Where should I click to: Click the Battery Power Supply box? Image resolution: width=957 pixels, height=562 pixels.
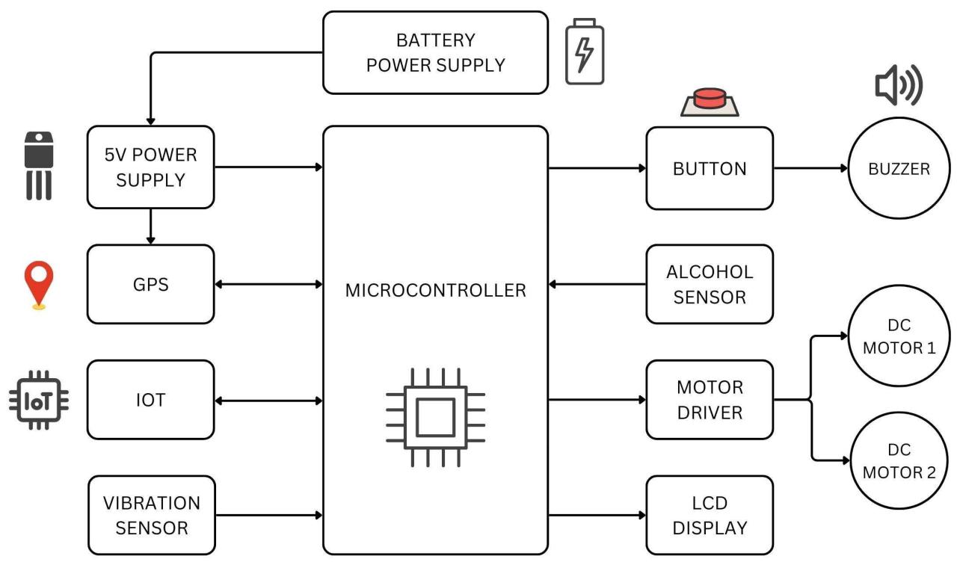pos(435,52)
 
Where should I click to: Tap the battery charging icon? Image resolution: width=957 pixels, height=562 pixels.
pos(584,52)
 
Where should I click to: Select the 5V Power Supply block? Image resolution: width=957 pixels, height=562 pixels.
pos(150,167)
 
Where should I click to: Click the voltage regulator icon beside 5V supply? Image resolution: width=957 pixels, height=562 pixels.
pos(39,166)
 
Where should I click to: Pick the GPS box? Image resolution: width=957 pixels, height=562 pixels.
pos(150,285)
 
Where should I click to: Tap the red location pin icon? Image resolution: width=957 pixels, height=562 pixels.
pos(39,284)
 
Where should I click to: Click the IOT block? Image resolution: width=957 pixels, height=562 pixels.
pos(150,400)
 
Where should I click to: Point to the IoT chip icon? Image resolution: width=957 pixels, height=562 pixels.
pos(39,400)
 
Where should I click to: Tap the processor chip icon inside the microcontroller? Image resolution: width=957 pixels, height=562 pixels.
pos(435,416)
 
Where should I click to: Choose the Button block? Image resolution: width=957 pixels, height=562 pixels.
pos(709,168)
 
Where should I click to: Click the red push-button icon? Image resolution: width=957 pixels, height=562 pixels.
pos(709,101)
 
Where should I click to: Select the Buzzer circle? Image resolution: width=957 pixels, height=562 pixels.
pos(899,168)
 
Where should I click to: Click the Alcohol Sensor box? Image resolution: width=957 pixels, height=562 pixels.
pos(709,284)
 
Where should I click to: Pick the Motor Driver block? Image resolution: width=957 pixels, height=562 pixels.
pos(709,400)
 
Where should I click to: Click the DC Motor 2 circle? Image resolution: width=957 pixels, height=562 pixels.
pos(899,460)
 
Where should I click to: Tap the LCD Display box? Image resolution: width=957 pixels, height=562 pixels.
pos(709,515)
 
